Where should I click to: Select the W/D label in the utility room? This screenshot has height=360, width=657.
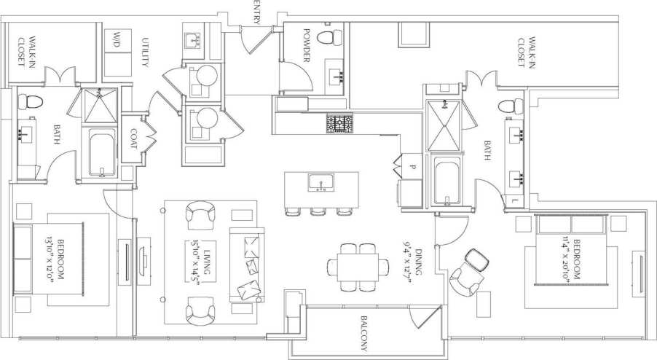pyautogui.click(x=117, y=40)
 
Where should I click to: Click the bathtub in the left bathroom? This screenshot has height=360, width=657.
pyautogui.click(x=101, y=153)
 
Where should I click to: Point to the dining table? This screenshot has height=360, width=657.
pyautogui.click(x=358, y=264)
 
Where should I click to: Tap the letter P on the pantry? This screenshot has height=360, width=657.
pyautogui.click(x=412, y=166)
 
